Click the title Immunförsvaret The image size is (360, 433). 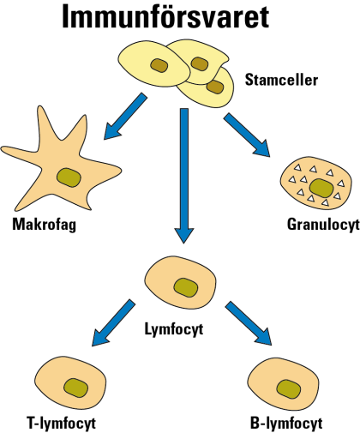(165, 16)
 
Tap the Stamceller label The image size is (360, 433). (281, 80)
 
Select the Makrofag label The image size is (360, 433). (45, 225)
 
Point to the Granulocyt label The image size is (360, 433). (323, 225)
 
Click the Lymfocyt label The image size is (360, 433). (174, 329)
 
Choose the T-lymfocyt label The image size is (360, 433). (62, 424)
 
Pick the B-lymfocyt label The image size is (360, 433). (286, 424)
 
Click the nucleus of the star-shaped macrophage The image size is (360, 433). (69, 177)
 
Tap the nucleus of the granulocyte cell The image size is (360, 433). (321, 188)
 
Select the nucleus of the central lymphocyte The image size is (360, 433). (186, 287)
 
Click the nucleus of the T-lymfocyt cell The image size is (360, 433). (75, 388)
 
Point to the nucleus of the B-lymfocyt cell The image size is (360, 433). (289, 389)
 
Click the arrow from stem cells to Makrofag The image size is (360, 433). (125, 117)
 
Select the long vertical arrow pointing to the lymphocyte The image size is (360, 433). (184, 176)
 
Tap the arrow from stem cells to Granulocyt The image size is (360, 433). (247, 135)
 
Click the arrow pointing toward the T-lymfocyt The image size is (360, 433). (113, 323)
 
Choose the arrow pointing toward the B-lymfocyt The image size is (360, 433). (249, 323)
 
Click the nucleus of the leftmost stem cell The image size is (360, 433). (159, 65)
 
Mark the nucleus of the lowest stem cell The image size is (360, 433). (215, 87)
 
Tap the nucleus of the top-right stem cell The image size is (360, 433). (199, 63)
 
